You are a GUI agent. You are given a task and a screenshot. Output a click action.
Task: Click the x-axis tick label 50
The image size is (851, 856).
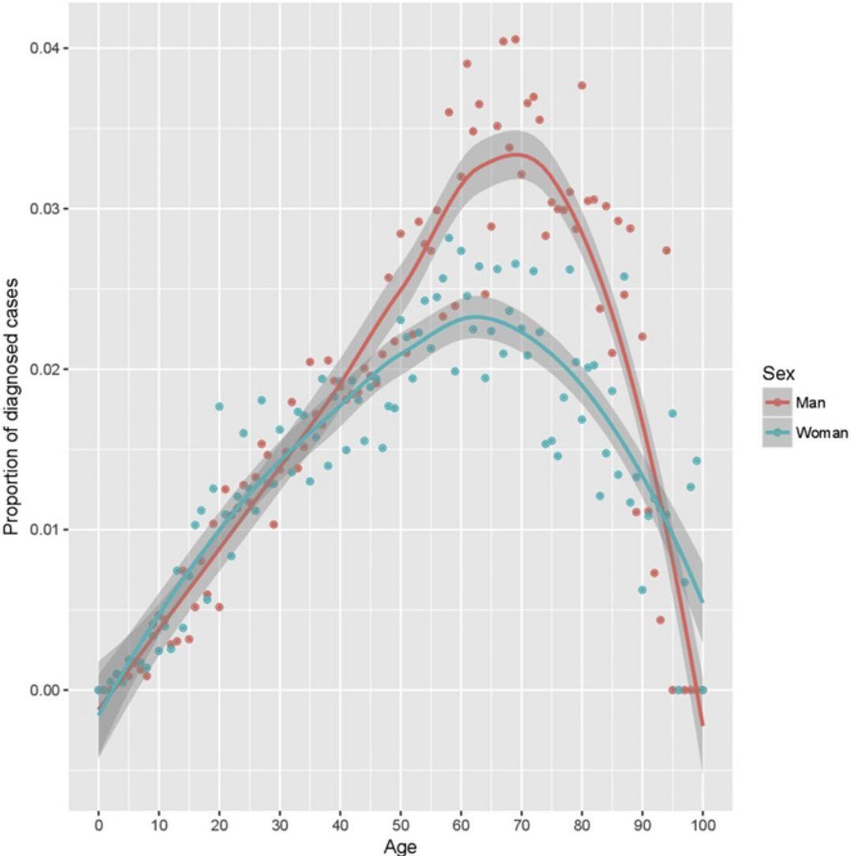[400, 826]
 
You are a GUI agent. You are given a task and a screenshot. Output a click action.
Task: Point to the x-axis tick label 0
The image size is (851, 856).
[98, 826]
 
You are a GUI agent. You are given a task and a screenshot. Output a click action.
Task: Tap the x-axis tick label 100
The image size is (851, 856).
[703, 826]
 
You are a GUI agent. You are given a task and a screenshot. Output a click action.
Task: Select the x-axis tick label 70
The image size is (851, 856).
[521, 826]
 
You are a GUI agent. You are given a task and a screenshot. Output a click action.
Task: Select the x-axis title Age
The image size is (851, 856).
[399, 846]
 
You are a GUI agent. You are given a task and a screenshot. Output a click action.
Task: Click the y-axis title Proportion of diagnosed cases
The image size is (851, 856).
[13, 407]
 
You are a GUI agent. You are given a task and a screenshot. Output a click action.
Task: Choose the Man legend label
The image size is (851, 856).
[811, 403]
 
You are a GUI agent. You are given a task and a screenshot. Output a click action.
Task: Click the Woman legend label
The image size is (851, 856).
[822, 432]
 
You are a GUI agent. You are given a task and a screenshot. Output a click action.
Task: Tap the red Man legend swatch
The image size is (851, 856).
[777, 403]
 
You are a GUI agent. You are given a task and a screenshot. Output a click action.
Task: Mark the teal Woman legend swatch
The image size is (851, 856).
[777, 432]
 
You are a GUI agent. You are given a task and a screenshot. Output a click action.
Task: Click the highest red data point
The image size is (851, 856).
[515, 39]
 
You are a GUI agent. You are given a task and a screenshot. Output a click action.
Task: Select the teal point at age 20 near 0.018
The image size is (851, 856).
[219, 406]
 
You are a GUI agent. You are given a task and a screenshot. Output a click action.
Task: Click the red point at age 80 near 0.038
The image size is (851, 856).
[582, 85]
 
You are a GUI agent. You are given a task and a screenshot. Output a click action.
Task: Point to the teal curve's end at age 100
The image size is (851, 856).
[703, 601]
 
